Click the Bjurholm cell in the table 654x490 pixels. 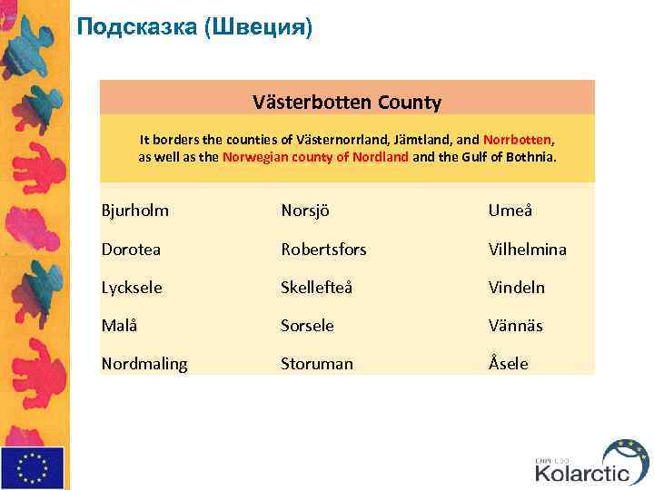tap(134, 211)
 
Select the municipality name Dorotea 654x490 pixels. tap(131, 249)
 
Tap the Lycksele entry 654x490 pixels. tap(132, 287)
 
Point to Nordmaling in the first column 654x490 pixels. tap(144, 363)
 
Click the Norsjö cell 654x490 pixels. tap(304, 211)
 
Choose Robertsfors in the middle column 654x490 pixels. tap(323, 249)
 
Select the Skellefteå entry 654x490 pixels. tap(316, 287)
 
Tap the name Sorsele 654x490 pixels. tap(307, 325)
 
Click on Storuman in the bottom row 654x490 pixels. tap(316, 363)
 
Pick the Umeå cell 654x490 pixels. tap(510, 211)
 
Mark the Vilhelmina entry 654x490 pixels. tap(527, 249)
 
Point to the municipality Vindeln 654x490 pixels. tap(516, 287)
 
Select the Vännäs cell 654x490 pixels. tap(515, 325)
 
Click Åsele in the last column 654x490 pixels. tap(508, 363)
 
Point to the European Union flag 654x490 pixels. tap(33, 467)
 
